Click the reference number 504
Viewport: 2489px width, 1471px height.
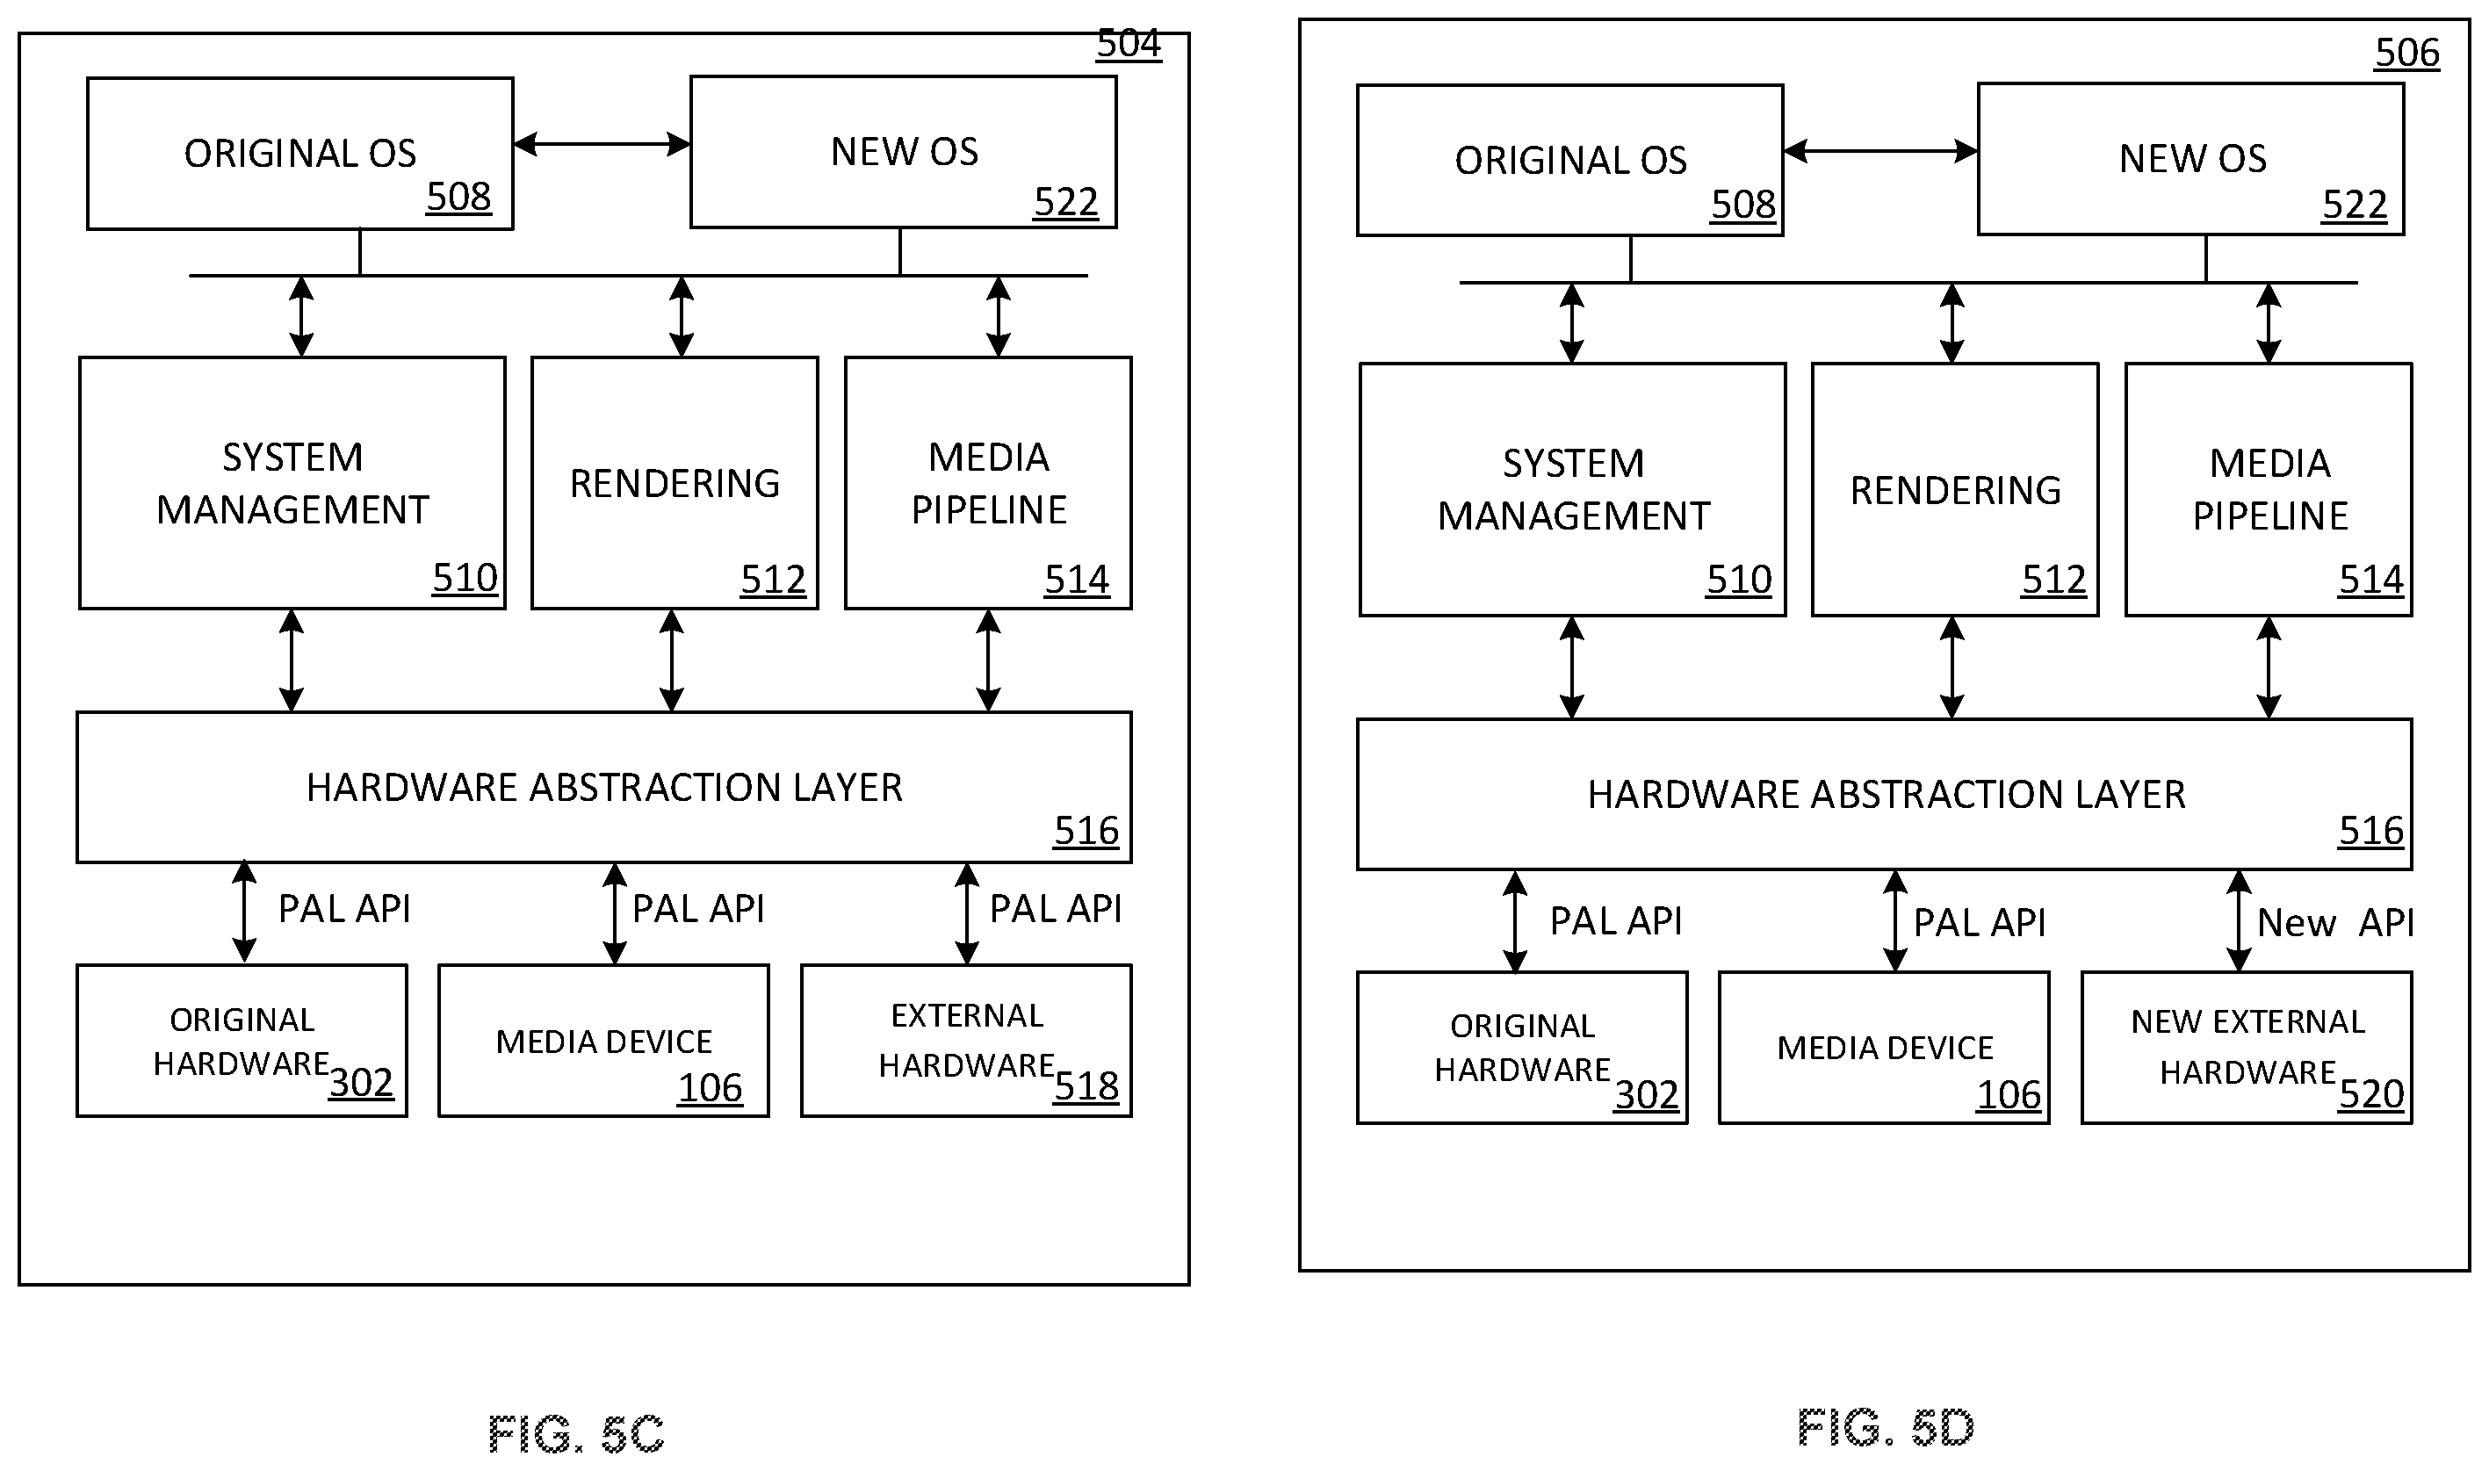pyautogui.click(x=1128, y=44)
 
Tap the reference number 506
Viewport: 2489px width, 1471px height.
pyautogui.click(x=2406, y=53)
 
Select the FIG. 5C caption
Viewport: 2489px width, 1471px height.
pyautogui.click(x=576, y=1433)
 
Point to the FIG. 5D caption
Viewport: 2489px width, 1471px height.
pyautogui.click(x=1886, y=1427)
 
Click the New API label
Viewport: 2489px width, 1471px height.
pyautogui.click(x=2334, y=923)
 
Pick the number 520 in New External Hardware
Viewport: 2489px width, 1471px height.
pyautogui.click(x=2371, y=1094)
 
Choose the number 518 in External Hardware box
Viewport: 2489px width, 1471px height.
pyautogui.click(x=1086, y=1086)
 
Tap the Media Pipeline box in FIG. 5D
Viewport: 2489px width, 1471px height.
pyautogui.click(x=2268, y=490)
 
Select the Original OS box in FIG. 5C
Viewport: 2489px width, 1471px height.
pyautogui.click(x=299, y=154)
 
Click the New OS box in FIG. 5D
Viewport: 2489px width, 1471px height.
pyautogui.click(x=2190, y=159)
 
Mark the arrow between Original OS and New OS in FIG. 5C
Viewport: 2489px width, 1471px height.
pyautogui.click(x=602, y=145)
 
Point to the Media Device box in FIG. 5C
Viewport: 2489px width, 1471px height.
pyautogui.click(x=602, y=1041)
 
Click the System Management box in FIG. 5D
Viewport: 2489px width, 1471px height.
pyautogui.click(x=1572, y=490)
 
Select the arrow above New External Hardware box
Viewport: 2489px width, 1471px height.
pyautogui.click(x=2238, y=921)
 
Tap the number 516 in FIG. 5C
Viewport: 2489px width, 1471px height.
pyautogui.click(x=1086, y=831)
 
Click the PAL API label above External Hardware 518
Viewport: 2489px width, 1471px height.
pyautogui.click(x=1056, y=909)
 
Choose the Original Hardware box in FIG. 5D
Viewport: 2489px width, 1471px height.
pyautogui.click(x=1521, y=1048)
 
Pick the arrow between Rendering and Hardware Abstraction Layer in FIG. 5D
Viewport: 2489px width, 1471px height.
pyautogui.click(x=1952, y=667)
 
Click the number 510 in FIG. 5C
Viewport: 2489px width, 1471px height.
pyautogui.click(x=465, y=578)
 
